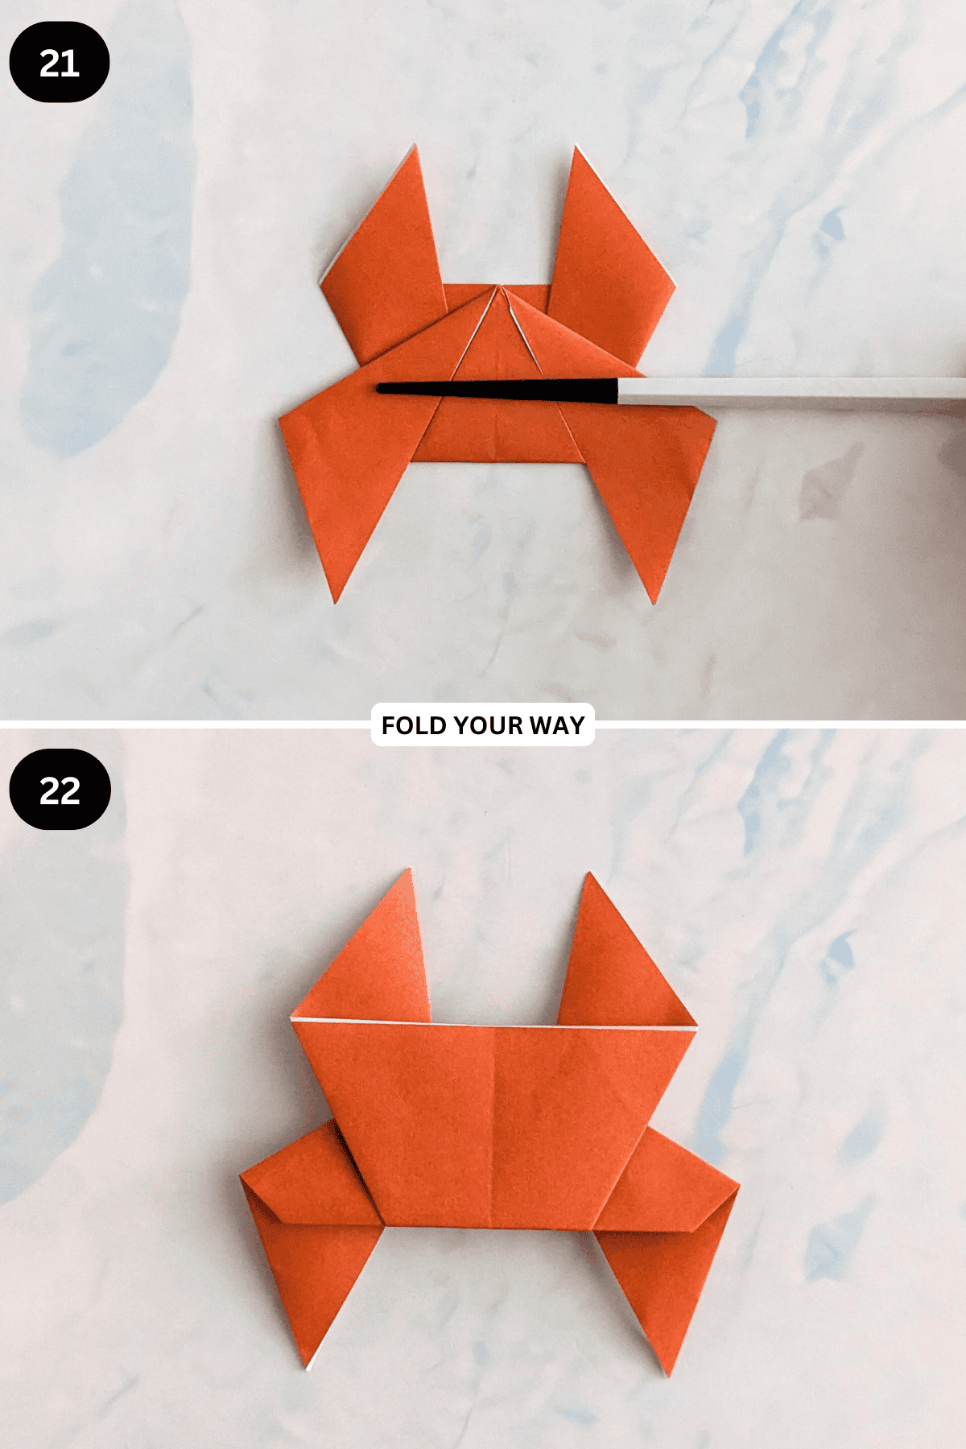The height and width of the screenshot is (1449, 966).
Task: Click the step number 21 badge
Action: tap(59, 63)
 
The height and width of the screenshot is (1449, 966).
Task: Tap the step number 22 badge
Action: tap(60, 790)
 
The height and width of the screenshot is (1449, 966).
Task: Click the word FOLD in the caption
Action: tap(413, 725)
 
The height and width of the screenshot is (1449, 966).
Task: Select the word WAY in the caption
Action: tap(557, 725)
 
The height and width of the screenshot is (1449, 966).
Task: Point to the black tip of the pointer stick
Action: tap(382, 389)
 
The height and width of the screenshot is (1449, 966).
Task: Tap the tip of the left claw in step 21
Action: tap(415, 147)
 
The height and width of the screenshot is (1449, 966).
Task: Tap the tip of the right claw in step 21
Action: tap(575, 148)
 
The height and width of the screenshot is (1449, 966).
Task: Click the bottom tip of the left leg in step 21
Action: tap(336, 601)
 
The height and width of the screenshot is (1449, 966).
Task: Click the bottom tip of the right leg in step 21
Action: tap(654, 601)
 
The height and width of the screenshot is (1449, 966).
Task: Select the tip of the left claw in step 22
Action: tap(409, 871)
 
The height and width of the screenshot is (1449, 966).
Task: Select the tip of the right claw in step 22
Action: tap(591, 875)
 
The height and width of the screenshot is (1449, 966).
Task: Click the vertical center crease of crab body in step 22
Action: tap(493, 1127)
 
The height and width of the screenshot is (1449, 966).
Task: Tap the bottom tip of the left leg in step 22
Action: tap(308, 1368)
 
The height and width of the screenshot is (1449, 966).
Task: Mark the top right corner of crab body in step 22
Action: tap(694, 1029)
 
